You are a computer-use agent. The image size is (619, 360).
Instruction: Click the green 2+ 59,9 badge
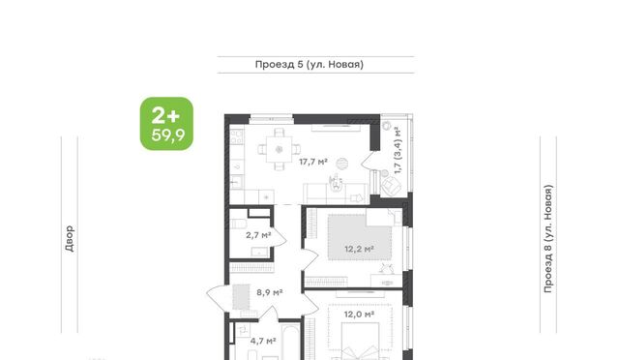click(166, 124)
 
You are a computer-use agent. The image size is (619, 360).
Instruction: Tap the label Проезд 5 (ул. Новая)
click(309, 65)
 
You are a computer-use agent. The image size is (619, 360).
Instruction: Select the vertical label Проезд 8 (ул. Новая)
click(548, 239)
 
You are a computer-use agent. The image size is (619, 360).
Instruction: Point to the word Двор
click(70, 239)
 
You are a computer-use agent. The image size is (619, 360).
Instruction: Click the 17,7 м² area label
click(313, 162)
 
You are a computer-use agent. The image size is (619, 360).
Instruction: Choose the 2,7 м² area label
click(258, 235)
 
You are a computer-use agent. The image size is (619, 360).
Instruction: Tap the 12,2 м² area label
click(359, 249)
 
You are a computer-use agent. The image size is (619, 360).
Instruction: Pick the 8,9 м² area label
click(269, 292)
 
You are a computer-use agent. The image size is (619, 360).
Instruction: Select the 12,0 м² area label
click(359, 315)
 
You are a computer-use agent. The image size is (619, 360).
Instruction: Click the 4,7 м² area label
click(263, 341)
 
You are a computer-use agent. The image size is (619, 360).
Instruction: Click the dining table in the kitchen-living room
click(280, 149)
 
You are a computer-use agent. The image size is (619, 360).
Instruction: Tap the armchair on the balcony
click(391, 185)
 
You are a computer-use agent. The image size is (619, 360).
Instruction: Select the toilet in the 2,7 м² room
click(238, 225)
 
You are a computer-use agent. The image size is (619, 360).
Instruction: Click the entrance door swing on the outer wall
click(217, 297)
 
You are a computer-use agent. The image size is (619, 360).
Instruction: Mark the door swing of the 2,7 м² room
click(279, 237)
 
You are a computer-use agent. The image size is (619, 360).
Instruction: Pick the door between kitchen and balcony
click(369, 160)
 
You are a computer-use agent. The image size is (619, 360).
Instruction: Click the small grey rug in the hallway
click(241, 297)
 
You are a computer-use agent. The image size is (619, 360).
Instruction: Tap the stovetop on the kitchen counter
click(237, 136)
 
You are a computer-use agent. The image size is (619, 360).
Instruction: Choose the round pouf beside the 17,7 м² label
click(341, 164)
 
